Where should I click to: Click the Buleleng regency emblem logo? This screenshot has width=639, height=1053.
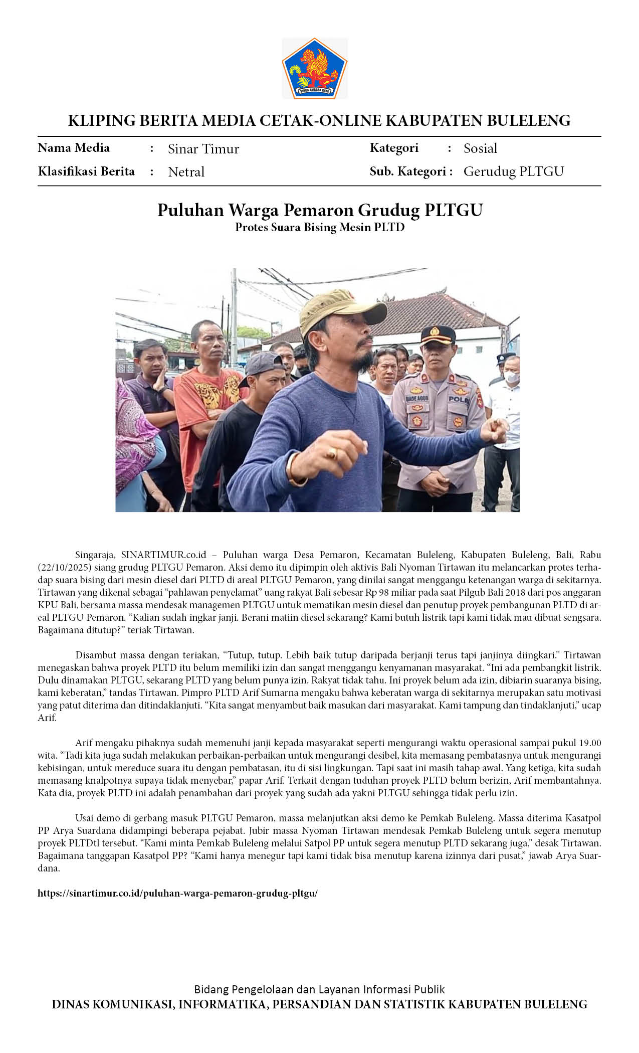click(x=315, y=69)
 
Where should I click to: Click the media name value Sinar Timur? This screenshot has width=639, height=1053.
click(x=203, y=149)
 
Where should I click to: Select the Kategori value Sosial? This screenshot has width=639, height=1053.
click(x=480, y=148)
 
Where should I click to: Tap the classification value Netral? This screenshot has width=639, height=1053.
click(x=186, y=172)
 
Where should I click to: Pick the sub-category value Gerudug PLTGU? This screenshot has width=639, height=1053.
click(x=513, y=171)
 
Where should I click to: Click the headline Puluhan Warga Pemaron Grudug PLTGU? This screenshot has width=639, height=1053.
click(x=320, y=210)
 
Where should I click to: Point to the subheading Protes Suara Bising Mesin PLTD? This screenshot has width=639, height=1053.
click(x=320, y=227)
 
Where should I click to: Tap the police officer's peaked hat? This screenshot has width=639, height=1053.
click(x=438, y=334)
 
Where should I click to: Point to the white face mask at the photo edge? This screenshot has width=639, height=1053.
click(x=512, y=377)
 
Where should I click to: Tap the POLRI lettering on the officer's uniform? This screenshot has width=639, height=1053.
click(x=459, y=400)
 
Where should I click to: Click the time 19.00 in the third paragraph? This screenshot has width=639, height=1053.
click(x=590, y=743)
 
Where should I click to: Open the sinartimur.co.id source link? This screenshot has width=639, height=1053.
click(x=177, y=893)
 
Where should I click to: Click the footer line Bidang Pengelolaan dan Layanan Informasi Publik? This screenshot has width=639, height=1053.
click(x=319, y=989)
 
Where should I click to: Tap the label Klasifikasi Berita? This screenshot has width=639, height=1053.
click(x=86, y=171)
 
